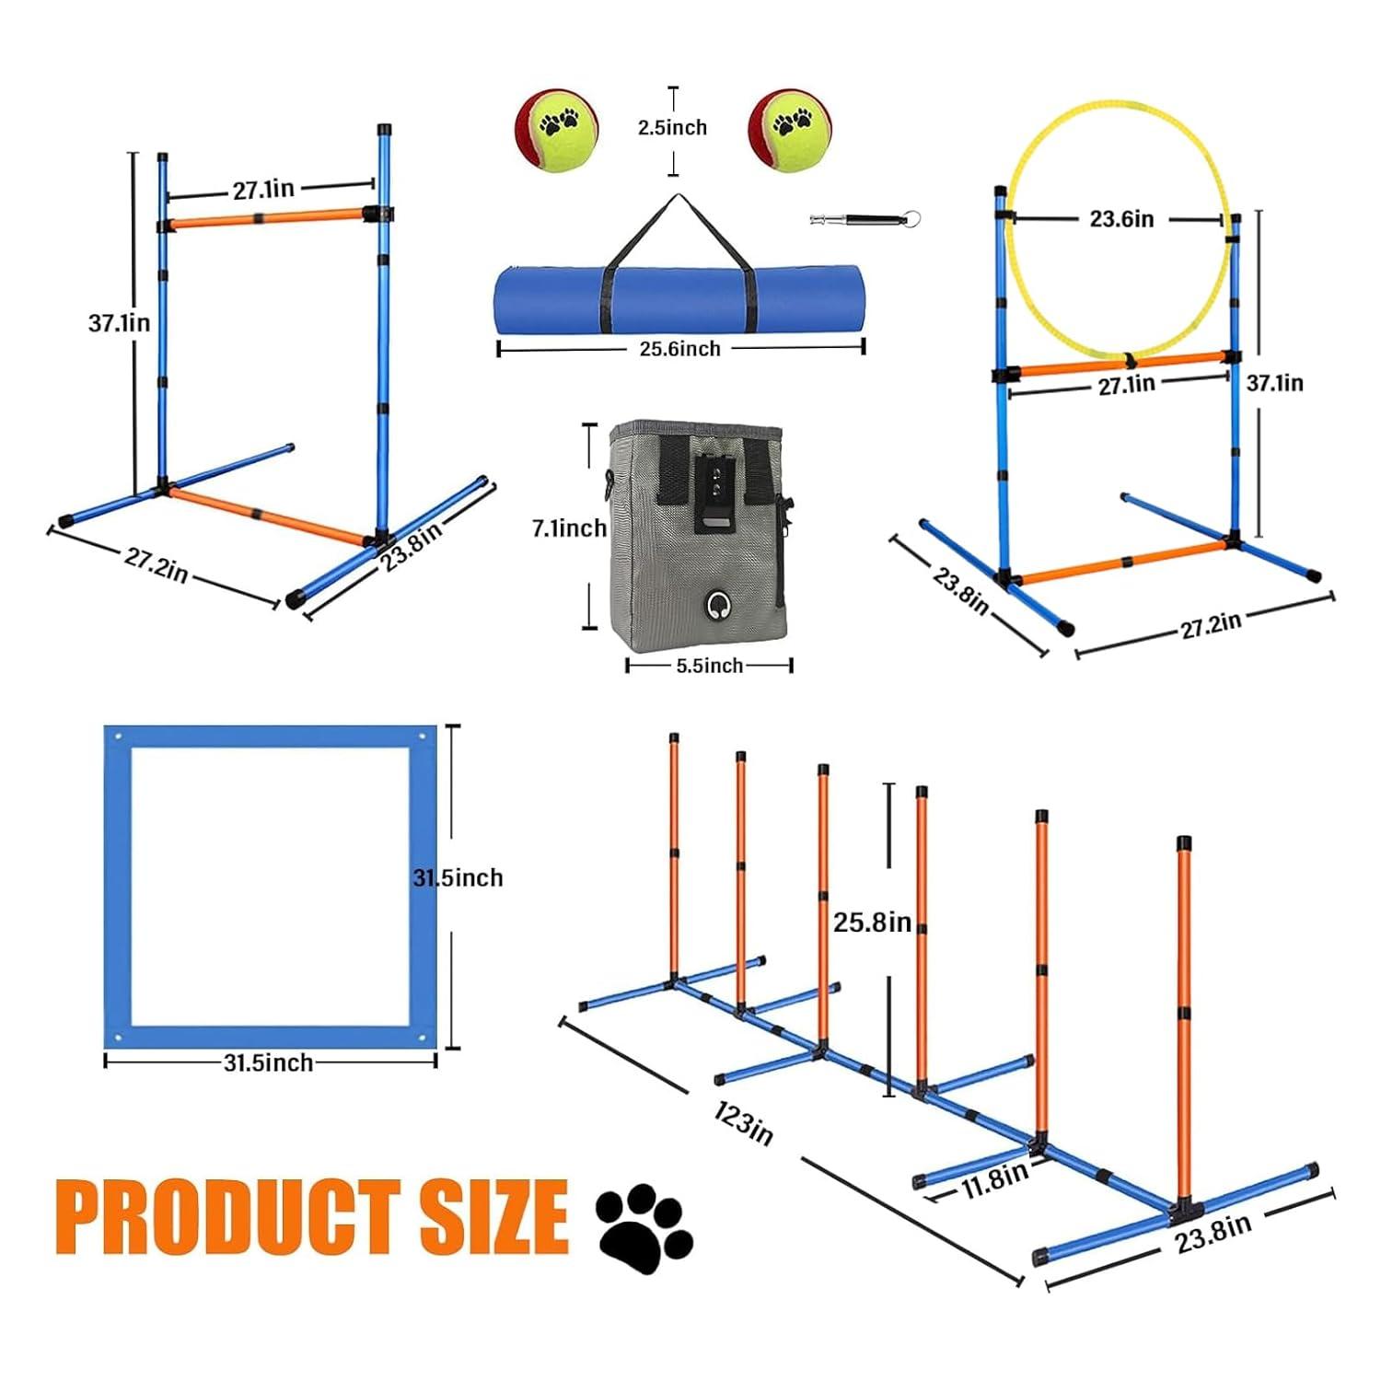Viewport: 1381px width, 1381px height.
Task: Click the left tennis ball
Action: [x=556, y=129]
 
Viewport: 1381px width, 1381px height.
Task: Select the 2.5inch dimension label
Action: [x=673, y=128]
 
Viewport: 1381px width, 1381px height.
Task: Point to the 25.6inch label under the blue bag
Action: [x=679, y=349]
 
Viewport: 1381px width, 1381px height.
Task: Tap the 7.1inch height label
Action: [x=569, y=528]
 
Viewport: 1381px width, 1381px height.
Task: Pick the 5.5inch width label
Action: [x=709, y=666]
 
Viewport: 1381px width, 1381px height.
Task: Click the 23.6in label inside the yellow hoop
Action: [x=1121, y=219]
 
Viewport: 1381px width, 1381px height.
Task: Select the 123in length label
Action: [x=743, y=1123]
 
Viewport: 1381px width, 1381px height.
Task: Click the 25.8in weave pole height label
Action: [x=872, y=922]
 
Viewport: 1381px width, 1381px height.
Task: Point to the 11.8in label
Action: [x=994, y=1180]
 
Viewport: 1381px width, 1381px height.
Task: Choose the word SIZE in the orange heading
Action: [x=494, y=1216]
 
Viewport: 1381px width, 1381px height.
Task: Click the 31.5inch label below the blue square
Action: [x=269, y=1062]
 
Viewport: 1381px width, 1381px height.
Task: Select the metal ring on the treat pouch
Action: [x=716, y=605]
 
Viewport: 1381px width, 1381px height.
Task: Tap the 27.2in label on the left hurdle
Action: [x=156, y=564]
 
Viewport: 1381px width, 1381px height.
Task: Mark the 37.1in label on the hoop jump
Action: [x=1274, y=383]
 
